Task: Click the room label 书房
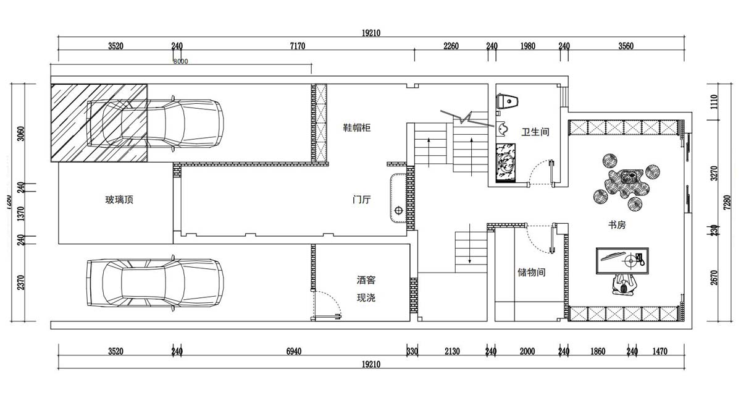(x=617, y=226)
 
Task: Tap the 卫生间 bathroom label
(x=535, y=132)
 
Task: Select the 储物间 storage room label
(x=531, y=272)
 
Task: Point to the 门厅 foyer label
(x=361, y=200)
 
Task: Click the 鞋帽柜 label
(x=357, y=128)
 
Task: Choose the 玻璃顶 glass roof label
(x=119, y=200)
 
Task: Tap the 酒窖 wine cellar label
(x=366, y=280)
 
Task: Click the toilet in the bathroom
(x=508, y=101)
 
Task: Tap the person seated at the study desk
(x=624, y=285)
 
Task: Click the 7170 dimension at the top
(x=298, y=46)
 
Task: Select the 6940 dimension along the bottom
(x=294, y=352)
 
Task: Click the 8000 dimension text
(x=180, y=61)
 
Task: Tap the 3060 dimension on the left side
(x=20, y=134)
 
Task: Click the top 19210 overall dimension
(x=371, y=33)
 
